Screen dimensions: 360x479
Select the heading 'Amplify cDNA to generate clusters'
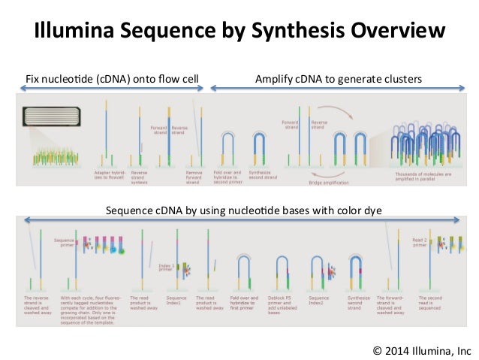339,77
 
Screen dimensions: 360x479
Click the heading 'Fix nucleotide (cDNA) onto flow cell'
110,77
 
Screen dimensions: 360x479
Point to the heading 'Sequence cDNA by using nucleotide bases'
244,211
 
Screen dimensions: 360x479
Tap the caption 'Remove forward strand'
194,177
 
